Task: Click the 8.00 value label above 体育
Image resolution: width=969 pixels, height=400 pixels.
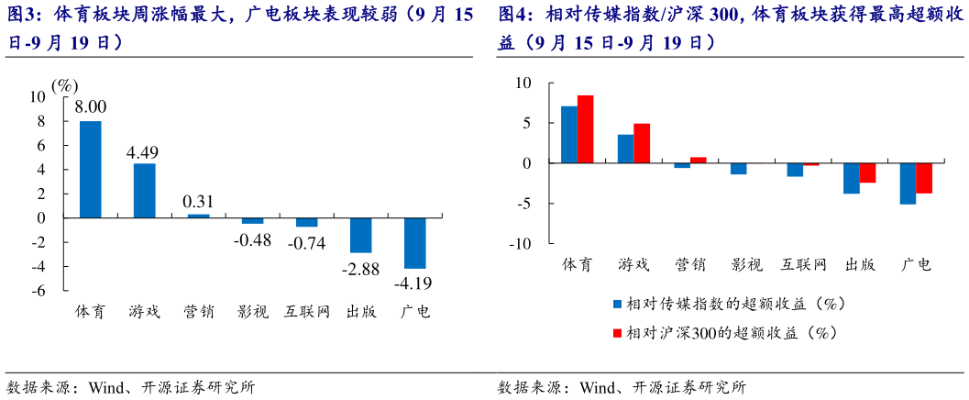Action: tap(91, 107)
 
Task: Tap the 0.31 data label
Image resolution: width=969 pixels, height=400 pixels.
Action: tap(198, 201)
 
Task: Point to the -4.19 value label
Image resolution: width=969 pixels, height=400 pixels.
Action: tap(414, 283)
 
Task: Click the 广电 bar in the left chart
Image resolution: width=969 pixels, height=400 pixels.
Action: tap(414, 243)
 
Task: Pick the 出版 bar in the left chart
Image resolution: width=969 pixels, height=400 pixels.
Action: tap(360, 235)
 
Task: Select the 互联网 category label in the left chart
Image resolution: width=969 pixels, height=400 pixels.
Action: tap(306, 311)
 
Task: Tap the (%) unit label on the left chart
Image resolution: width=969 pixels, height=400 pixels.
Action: tap(64, 84)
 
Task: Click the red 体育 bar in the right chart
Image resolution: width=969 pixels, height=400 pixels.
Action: tap(585, 129)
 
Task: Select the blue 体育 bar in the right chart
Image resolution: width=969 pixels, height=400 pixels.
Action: tap(569, 135)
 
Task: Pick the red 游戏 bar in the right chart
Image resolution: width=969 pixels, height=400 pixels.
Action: tap(642, 143)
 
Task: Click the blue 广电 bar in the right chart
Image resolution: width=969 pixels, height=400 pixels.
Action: tap(908, 183)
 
